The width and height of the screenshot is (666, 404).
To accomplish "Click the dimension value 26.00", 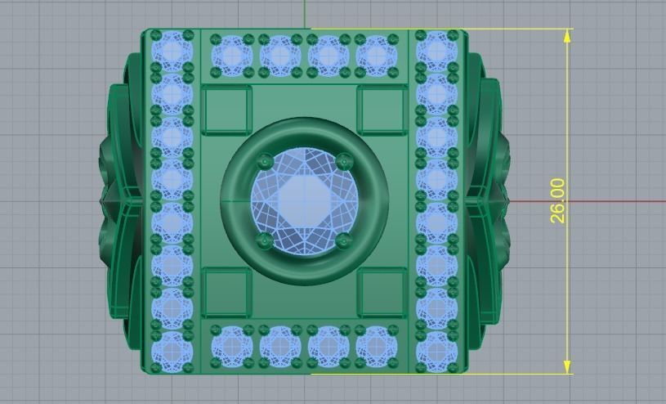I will click(x=557, y=201).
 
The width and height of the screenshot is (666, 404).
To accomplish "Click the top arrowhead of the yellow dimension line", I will click(x=568, y=34).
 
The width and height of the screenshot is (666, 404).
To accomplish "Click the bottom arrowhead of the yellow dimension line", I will click(x=568, y=369).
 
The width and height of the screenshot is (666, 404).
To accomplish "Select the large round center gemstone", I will click(x=303, y=201).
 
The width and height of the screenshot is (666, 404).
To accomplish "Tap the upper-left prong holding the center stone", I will click(x=264, y=161).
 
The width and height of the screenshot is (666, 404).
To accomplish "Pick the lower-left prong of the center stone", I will click(x=264, y=240).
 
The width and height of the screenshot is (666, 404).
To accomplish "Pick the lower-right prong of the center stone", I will click(x=344, y=240).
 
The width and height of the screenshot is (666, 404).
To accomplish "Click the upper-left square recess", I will click(x=227, y=111).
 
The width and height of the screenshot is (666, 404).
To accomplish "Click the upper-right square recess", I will click(x=382, y=111).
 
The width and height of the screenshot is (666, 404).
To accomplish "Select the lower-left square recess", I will click(x=227, y=293).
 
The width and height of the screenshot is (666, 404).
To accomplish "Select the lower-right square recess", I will click(x=382, y=293).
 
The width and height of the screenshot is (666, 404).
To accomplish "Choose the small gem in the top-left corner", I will click(x=172, y=51).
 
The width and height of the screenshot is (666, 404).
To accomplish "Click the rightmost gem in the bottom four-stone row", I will click(x=376, y=346).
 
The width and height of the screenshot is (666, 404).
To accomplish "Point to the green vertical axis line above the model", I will click(x=304, y=13).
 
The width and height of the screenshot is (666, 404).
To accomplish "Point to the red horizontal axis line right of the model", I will click(x=588, y=201).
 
